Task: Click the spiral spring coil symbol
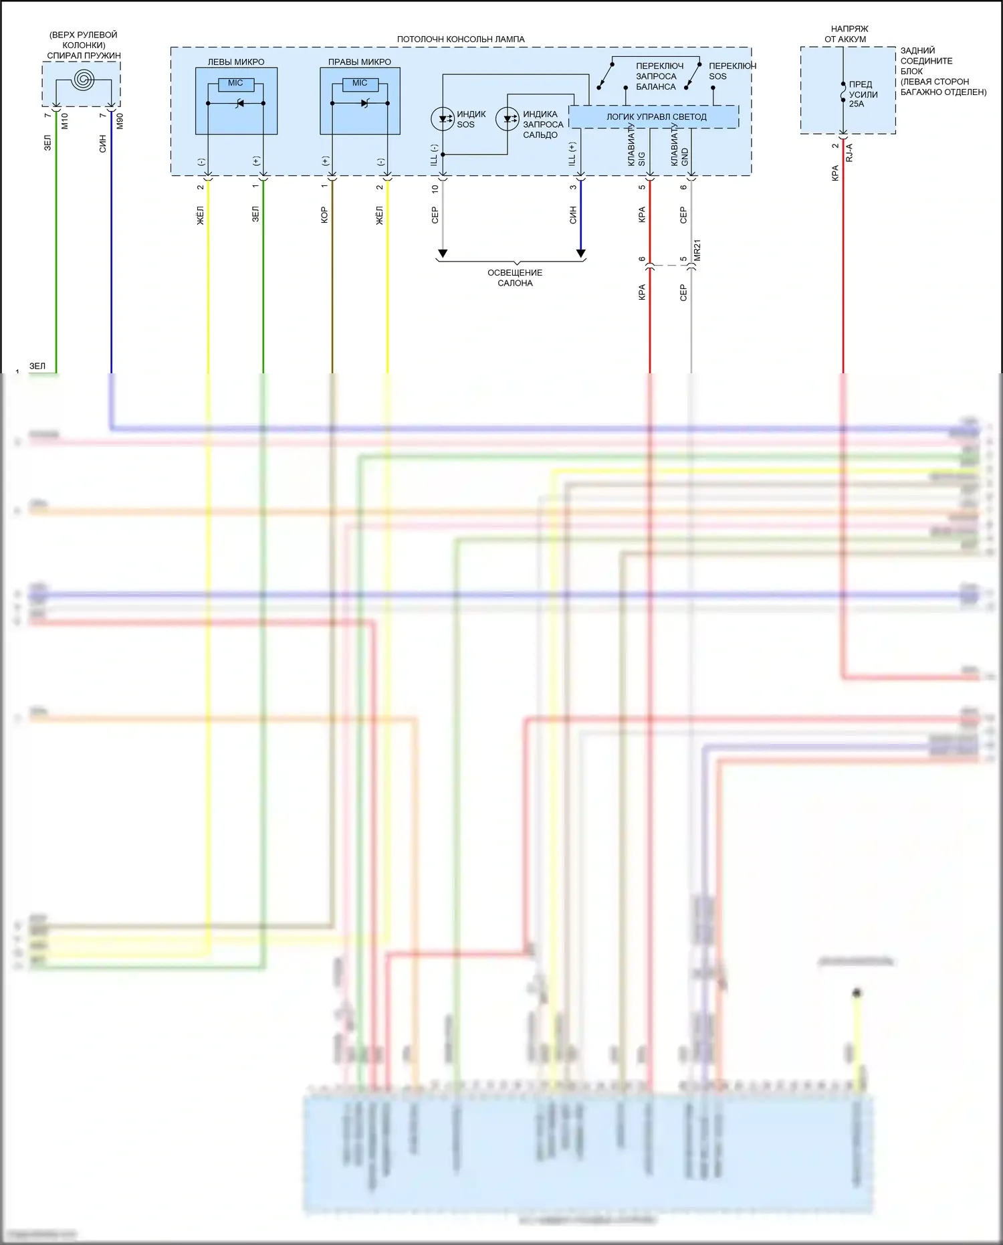tap(84, 80)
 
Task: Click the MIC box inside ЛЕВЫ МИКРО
tap(235, 84)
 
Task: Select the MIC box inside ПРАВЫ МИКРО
tap(360, 84)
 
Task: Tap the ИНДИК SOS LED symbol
tap(442, 119)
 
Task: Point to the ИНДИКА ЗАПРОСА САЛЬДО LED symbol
tap(507, 119)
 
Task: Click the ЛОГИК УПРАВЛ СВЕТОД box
tap(655, 117)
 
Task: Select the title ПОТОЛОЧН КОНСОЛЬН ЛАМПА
tap(461, 39)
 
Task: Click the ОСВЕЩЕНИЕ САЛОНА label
tap(515, 278)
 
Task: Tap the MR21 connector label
tap(697, 250)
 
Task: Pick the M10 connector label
tap(65, 121)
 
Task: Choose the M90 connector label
tap(120, 121)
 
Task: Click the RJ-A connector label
tap(849, 153)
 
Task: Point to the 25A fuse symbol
tap(843, 93)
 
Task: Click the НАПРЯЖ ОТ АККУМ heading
tap(849, 34)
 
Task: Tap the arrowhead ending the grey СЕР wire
tap(442, 254)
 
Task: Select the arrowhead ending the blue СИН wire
tap(580, 254)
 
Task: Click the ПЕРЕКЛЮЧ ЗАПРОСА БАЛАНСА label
tap(658, 76)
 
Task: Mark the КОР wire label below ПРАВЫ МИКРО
tap(324, 215)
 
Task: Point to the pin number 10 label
tap(435, 189)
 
